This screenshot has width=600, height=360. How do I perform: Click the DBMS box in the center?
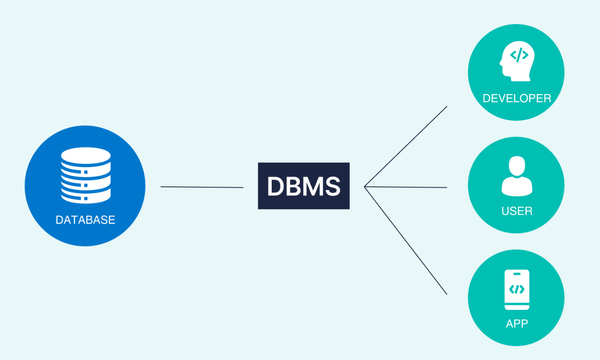[303, 186]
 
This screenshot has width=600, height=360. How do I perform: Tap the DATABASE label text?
[85, 220]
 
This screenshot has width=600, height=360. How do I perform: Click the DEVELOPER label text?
[517, 98]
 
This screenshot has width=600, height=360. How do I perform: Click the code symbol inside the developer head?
[519, 56]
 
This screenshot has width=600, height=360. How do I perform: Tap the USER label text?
[516, 211]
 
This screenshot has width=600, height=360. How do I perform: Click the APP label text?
[517, 324]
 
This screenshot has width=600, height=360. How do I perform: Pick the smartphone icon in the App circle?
[517, 289]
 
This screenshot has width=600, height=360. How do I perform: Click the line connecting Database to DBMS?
[202, 187]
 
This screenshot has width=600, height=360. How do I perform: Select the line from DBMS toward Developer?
[406, 147]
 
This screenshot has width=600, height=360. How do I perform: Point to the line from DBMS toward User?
[406, 187]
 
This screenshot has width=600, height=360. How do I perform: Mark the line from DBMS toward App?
[406, 240]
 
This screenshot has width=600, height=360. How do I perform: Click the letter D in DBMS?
[275, 186]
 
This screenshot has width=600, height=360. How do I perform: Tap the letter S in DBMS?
[332, 186]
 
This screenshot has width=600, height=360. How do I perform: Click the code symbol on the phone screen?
[517, 289]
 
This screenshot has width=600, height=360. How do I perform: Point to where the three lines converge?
[364, 186]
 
